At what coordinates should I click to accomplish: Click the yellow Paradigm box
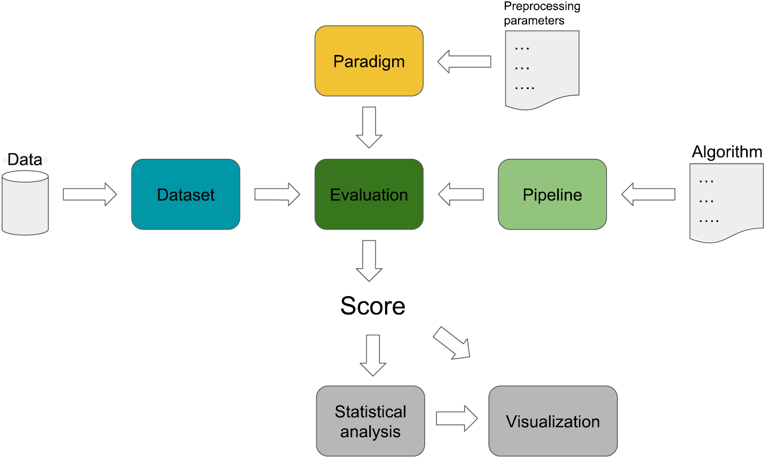(x=369, y=61)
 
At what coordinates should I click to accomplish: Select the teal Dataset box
(x=185, y=194)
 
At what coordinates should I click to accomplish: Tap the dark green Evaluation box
(x=369, y=194)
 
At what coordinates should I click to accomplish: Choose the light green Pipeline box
(x=552, y=194)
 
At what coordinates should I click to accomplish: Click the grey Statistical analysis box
(x=370, y=421)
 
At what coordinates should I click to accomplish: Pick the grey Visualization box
(x=553, y=421)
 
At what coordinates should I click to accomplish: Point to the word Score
(x=373, y=306)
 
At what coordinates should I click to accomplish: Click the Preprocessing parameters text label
(x=541, y=13)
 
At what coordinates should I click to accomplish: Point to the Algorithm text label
(x=727, y=152)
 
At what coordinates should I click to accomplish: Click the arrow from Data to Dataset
(x=90, y=194)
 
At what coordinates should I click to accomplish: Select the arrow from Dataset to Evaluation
(x=277, y=194)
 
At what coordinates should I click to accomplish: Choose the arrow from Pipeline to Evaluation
(x=461, y=194)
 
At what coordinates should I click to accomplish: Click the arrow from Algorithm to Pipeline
(x=648, y=194)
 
